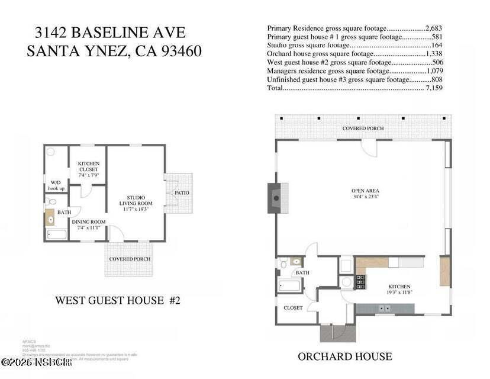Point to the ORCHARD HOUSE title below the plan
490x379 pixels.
click(344, 356)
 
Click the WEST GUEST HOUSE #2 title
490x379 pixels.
click(117, 300)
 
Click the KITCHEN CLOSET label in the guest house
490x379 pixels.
click(88, 169)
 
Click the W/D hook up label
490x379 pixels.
click(56, 185)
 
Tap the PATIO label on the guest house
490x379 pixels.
click(181, 193)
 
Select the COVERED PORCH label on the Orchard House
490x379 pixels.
click(363, 128)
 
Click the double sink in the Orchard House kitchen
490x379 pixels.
click(385, 307)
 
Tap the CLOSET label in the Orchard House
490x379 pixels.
click(293, 308)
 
